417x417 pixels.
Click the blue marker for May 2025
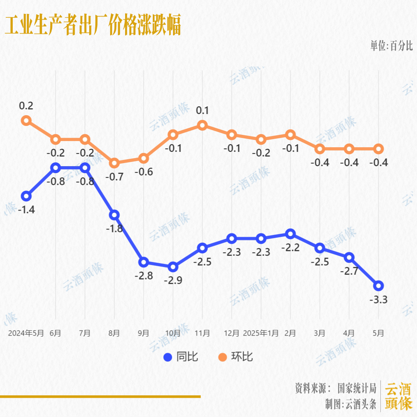coord(378,286)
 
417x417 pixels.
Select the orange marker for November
coord(202,125)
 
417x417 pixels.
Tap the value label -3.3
coord(378,300)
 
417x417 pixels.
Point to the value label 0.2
coord(26,106)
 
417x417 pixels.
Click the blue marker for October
coord(173,267)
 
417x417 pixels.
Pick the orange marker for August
coord(114,163)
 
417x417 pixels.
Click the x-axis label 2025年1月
coord(261,333)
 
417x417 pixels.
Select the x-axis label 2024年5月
coord(26,333)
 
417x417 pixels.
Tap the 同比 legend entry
coord(181,357)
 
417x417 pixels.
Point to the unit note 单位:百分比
coord(392,46)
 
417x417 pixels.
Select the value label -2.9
coord(173,281)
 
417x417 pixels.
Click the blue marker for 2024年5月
coord(26,196)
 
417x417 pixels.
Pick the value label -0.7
coord(114,177)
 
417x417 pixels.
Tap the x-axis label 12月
coord(232,333)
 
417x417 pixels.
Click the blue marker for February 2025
coord(290,234)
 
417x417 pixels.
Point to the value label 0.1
coord(202,111)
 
